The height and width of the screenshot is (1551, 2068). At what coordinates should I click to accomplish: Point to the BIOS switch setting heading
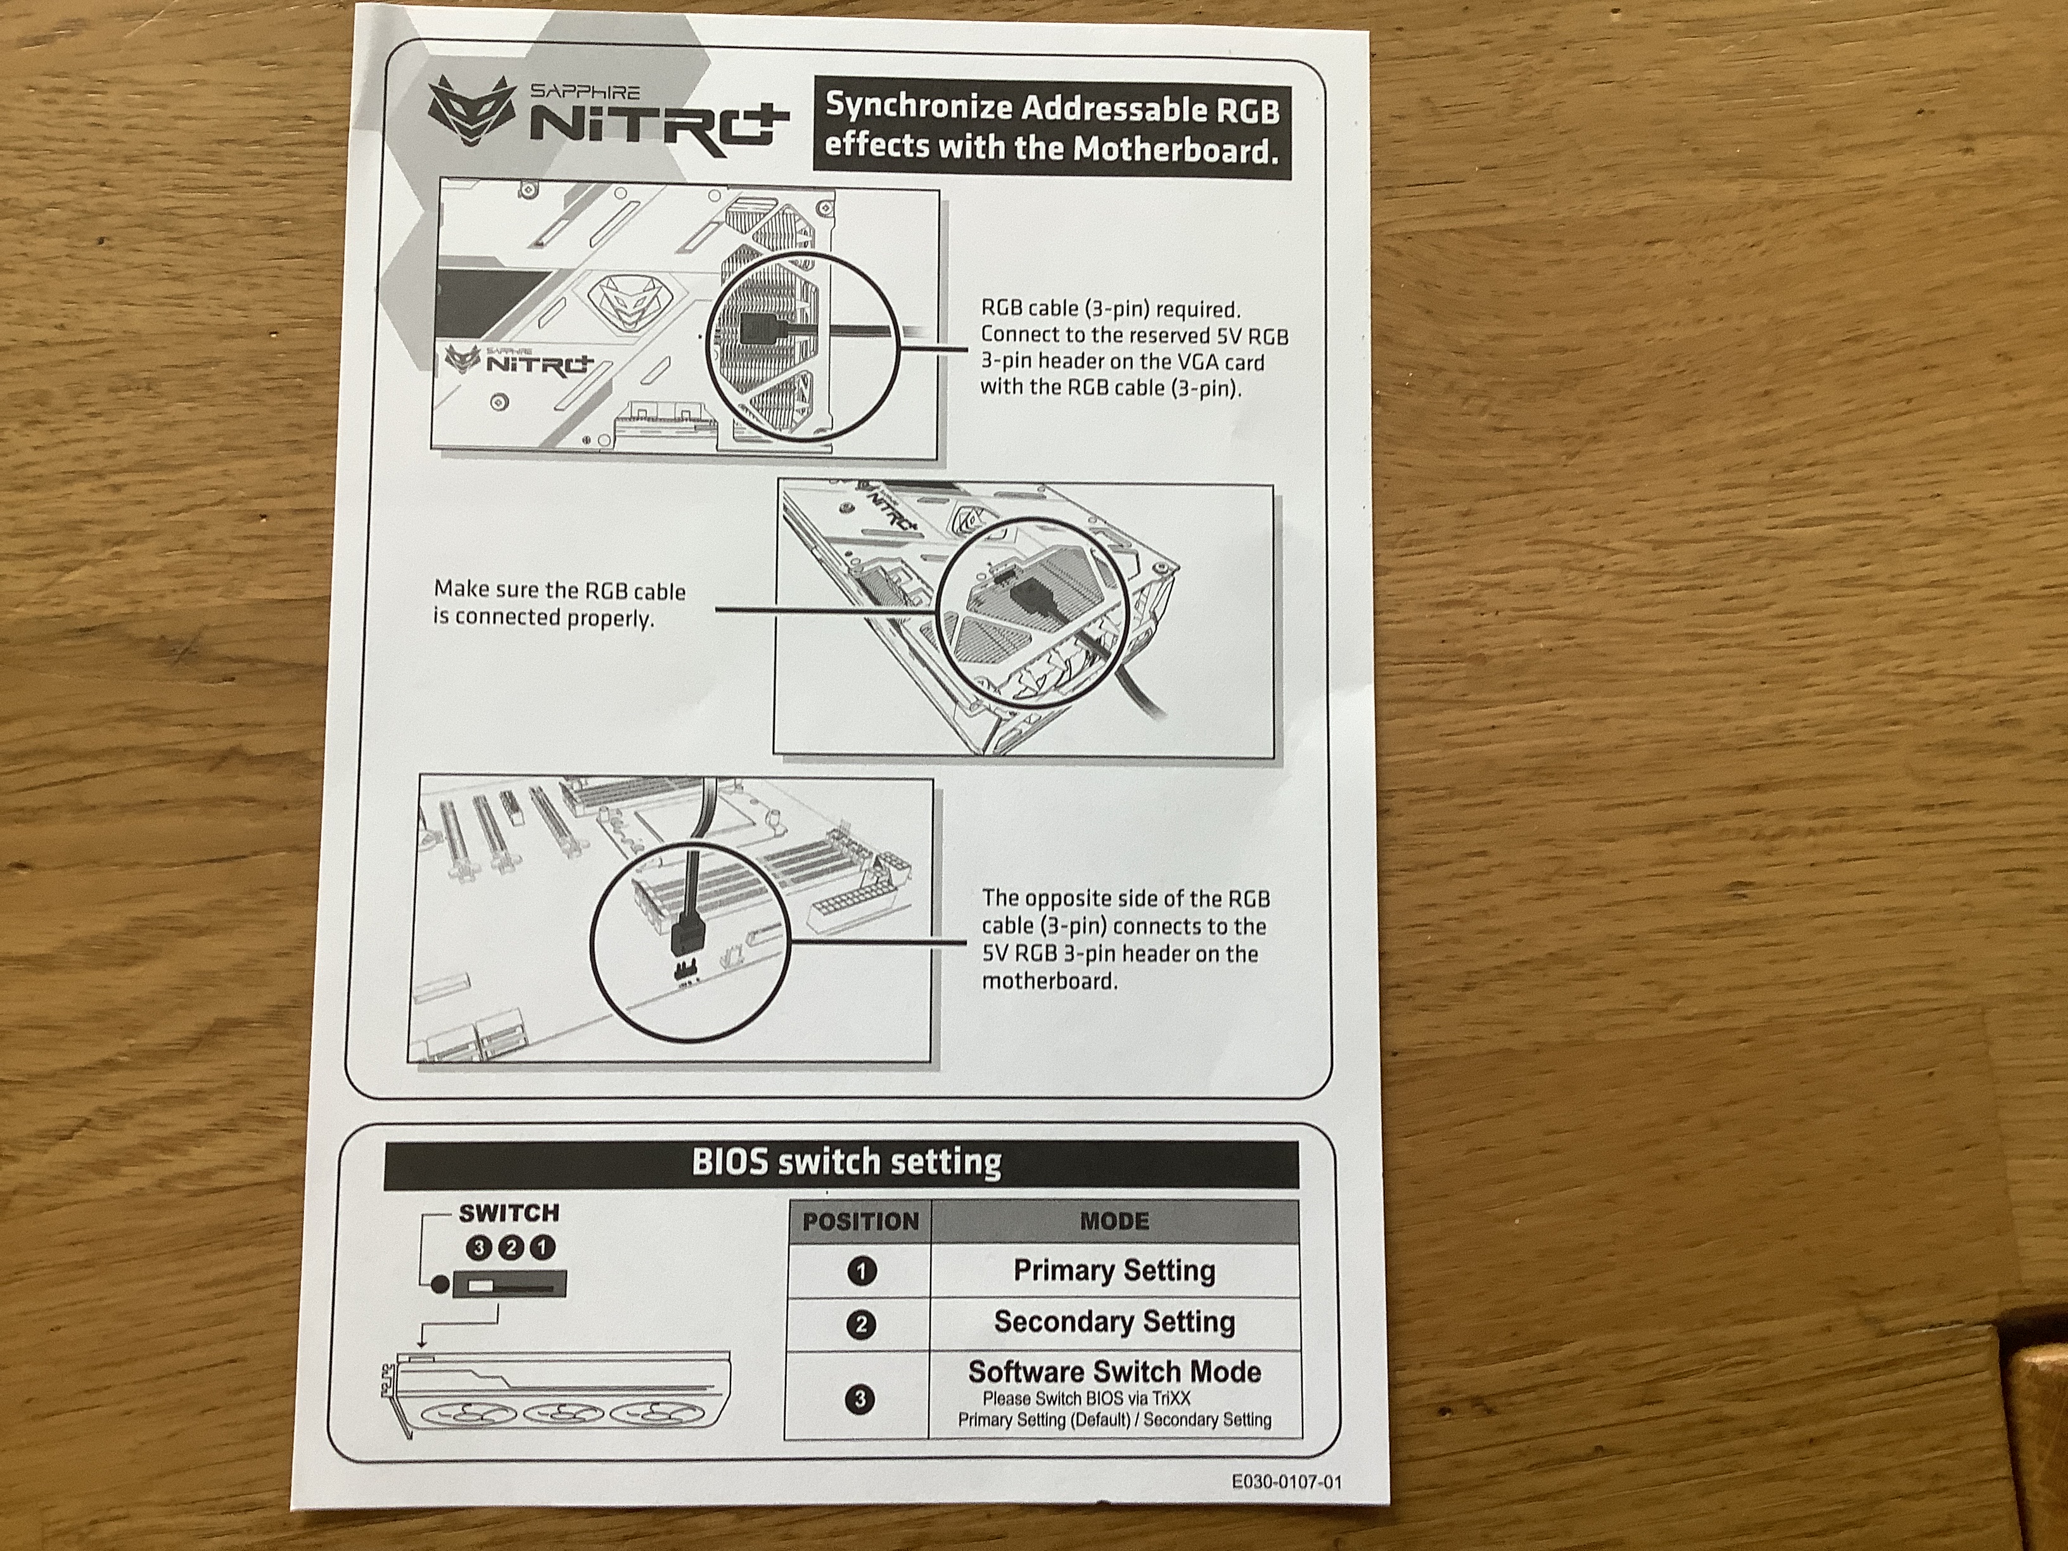pos(846,1162)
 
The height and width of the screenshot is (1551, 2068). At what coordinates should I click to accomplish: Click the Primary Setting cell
pos(1114,1270)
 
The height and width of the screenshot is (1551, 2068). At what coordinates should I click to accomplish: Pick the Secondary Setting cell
pos(1114,1322)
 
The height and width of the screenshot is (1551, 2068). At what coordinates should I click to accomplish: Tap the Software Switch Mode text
pos(1114,1372)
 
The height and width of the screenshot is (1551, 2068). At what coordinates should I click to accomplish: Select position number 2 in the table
pos(861,1324)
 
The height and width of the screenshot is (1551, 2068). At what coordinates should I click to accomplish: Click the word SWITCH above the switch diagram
pos(509,1213)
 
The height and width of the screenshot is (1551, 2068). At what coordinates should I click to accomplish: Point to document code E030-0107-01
pos(1286,1483)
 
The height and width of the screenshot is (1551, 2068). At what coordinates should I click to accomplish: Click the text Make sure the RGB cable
pos(559,591)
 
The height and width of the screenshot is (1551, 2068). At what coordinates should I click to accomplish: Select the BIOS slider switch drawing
pos(509,1286)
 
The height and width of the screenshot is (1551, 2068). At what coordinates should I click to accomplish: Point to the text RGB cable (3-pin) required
pos(1111,309)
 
